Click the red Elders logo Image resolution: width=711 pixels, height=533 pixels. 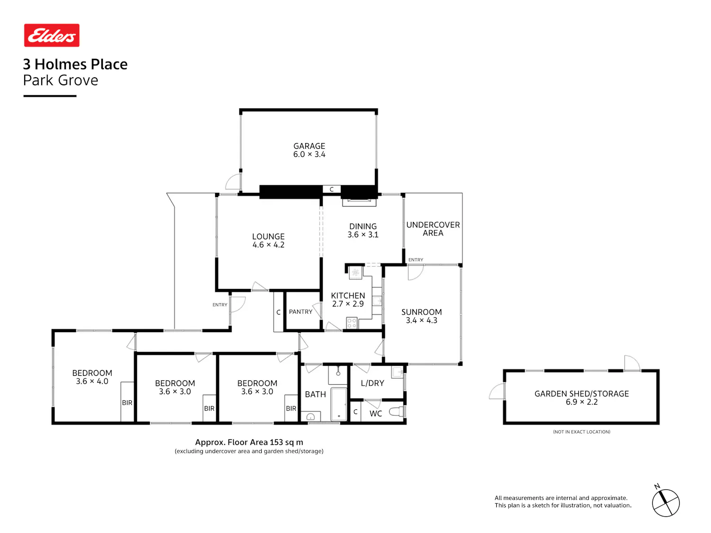pos(52,35)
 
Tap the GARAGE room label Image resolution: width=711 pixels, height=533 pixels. pos(309,146)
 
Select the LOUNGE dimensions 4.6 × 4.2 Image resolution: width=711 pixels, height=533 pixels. pos(268,244)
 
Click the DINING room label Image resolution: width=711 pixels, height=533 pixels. pos(363,226)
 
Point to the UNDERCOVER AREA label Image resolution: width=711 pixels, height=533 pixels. pos(433,229)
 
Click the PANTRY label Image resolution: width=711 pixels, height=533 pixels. pos(300,312)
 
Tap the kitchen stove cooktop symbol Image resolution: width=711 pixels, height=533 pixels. pos(351,323)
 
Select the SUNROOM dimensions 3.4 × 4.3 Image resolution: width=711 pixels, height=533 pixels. pos(421,320)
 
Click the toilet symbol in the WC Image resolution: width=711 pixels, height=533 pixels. pos(396,411)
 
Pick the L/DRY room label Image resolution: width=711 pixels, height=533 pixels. pos(372,383)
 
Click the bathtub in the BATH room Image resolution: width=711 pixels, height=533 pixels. pos(339,404)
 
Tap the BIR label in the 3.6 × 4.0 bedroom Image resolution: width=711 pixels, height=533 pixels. pos(127,403)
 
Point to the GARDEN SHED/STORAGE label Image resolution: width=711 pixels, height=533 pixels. pos(582,394)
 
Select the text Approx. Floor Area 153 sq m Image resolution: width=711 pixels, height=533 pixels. pos(249,442)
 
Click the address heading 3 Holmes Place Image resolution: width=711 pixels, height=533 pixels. pos(75,64)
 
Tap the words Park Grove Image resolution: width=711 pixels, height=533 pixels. pos(61,80)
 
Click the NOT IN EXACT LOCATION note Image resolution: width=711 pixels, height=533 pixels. pos(582,432)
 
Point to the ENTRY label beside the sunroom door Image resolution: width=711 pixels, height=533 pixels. pos(416,260)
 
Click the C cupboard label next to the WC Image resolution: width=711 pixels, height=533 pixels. pos(355,412)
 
